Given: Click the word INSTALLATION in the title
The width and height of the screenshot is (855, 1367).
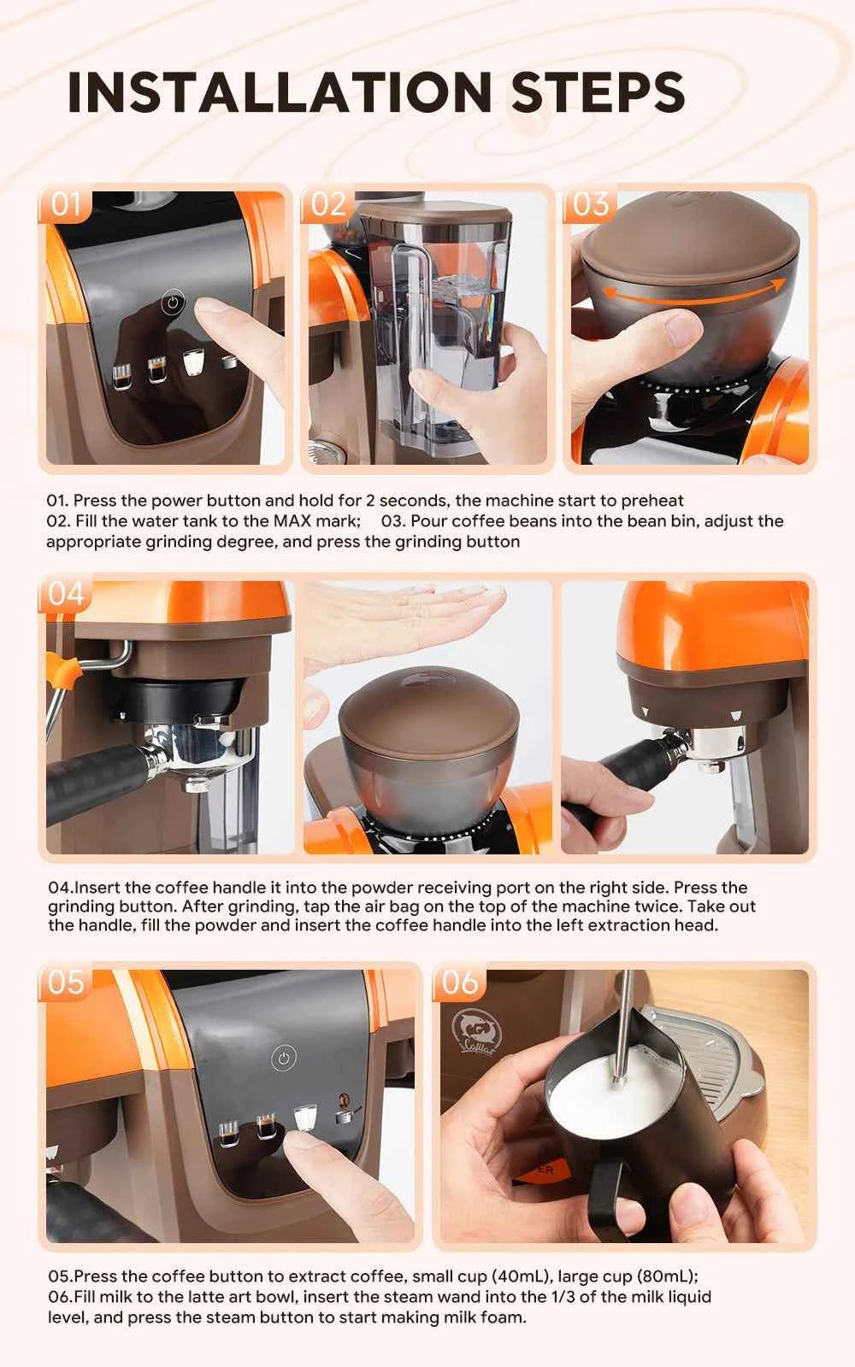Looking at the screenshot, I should tap(280, 92).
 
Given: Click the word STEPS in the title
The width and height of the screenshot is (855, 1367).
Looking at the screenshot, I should tap(598, 92).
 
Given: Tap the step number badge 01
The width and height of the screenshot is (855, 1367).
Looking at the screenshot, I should tap(66, 205).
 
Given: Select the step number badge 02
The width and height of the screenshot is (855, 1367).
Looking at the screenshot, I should tap(328, 205).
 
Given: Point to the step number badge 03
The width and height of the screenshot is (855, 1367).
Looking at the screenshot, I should tap(590, 205).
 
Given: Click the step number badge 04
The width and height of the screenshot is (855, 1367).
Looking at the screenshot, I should tap(66, 594).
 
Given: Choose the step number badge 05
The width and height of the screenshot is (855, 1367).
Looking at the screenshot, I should tap(66, 983).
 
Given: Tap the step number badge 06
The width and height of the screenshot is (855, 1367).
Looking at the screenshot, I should tap(460, 983).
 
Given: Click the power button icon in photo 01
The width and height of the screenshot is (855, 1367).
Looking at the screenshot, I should tap(173, 302).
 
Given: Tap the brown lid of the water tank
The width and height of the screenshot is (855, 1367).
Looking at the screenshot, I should tap(436, 214).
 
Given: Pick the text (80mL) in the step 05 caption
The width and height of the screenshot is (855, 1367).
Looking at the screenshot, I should tap(667, 1276).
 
